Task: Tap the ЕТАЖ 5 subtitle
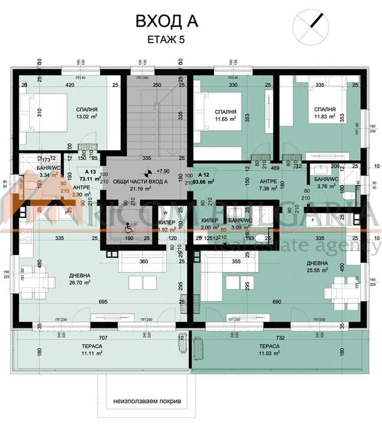(165, 40)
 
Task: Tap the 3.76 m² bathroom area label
(322, 186)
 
